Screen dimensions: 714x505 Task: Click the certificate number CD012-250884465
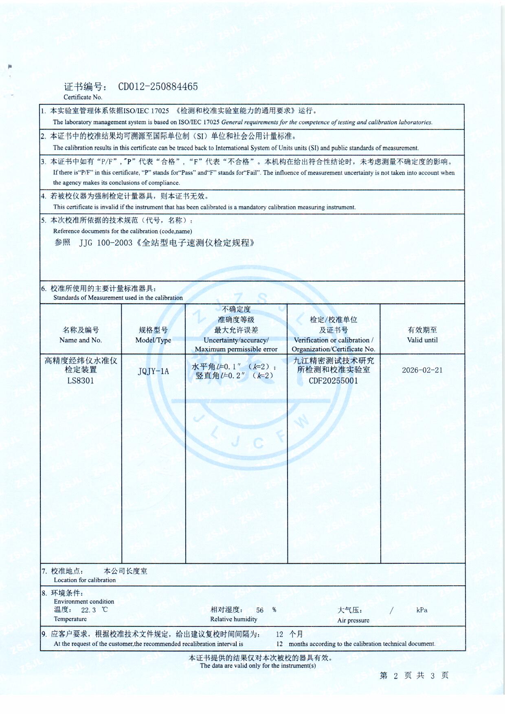point(158,87)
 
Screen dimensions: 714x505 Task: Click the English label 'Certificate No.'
point(83,97)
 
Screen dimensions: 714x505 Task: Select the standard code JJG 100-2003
point(106,243)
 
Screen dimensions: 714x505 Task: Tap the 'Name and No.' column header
point(81,340)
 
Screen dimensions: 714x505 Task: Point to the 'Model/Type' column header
point(153,340)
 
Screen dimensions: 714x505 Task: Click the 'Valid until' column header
point(422,340)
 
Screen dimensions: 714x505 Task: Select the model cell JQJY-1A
point(153,371)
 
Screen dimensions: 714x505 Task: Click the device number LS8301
point(81,381)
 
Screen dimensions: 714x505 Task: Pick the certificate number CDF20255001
point(333,381)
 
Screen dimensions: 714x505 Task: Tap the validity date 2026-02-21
point(422,370)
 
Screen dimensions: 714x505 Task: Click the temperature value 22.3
point(88,610)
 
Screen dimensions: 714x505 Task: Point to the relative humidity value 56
point(260,610)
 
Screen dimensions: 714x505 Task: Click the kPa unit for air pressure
point(422,610)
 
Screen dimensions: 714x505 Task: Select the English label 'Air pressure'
point(353,620)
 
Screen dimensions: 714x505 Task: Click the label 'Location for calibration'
point(85,580)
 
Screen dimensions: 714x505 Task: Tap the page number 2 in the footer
point(395,676)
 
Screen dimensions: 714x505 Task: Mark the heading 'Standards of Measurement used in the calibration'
point(118,298)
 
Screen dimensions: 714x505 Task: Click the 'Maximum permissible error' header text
point(236,349)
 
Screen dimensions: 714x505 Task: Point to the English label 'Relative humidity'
point(234,619)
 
